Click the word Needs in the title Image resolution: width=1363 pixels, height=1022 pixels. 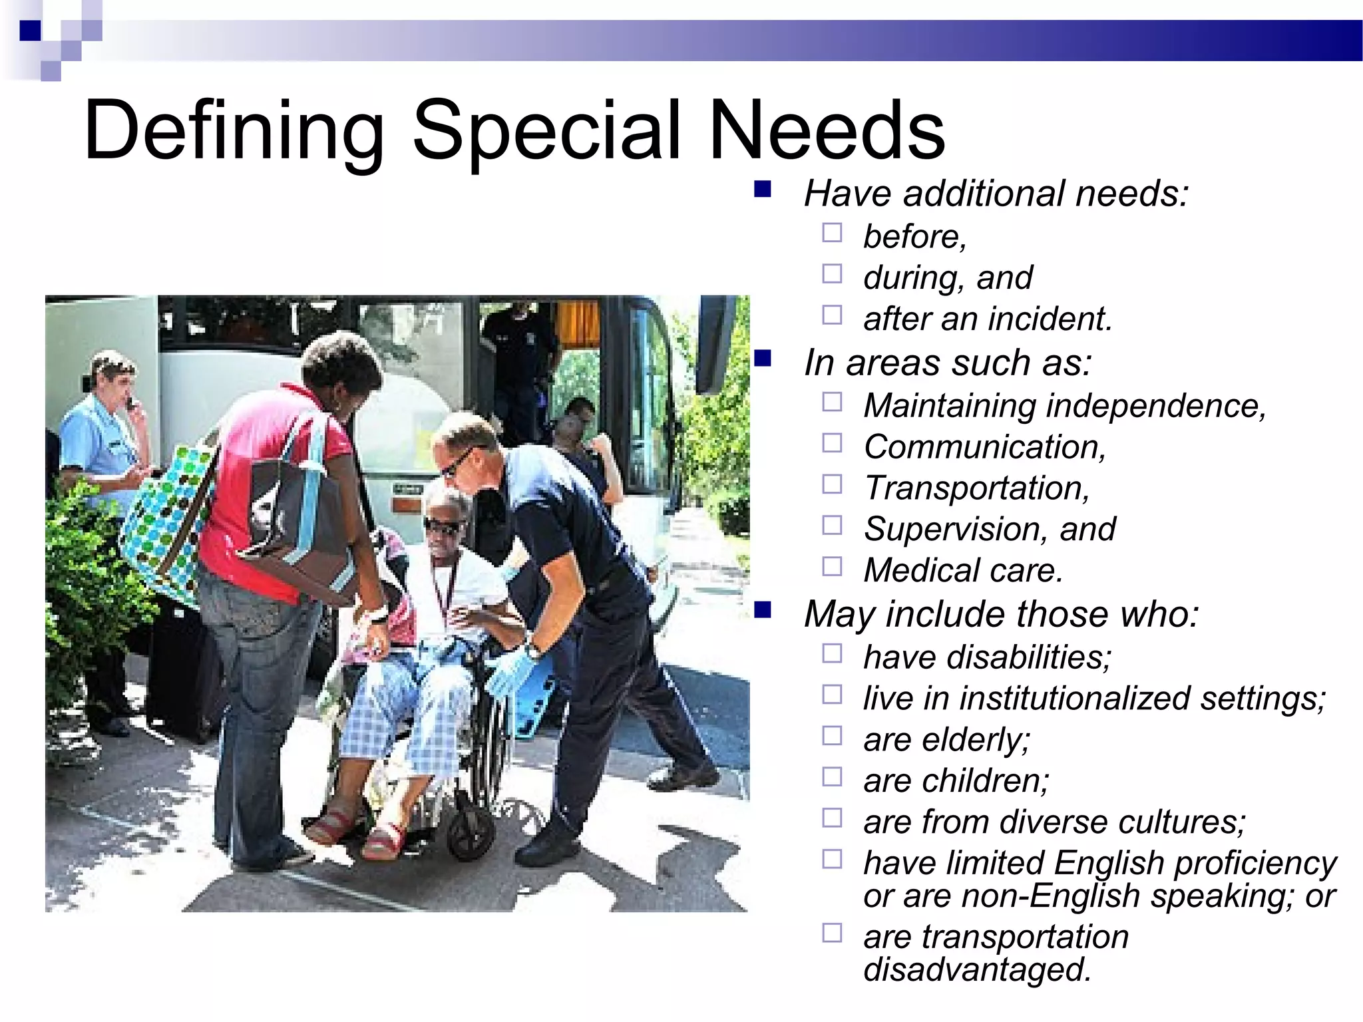click(827, 131)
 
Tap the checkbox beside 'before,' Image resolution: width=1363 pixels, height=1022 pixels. click(832, 233)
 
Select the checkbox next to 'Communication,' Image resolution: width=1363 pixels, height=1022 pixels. click(832, 443)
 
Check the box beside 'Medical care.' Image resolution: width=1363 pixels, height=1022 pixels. click(832, 567)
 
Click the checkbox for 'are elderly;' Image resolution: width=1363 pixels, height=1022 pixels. click(832, 736)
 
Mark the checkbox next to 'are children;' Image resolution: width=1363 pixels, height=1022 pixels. click(832, 777)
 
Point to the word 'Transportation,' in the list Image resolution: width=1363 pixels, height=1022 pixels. click(977, 488)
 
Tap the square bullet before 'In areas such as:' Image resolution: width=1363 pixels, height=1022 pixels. click(763, 360)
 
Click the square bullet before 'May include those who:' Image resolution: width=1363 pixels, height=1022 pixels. click(763, 610)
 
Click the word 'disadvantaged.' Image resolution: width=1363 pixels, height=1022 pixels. click(977, 969)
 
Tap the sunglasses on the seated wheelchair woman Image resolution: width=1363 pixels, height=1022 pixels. click(442, 528)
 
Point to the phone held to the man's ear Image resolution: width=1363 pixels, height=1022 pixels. click(130, 402)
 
